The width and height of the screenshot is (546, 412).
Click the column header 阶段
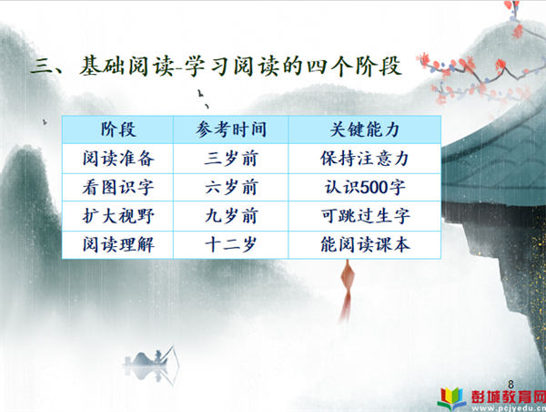click(118, 129)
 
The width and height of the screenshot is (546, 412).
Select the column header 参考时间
click(231, 129)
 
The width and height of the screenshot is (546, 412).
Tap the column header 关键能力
click(365, 129)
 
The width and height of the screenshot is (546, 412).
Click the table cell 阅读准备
click(118, 159)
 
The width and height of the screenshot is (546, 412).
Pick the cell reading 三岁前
click(231, 159)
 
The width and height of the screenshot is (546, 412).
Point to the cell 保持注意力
click(365, 159)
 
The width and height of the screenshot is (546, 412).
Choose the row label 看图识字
click(118, 188)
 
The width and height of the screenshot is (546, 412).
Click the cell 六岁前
click(231, 188)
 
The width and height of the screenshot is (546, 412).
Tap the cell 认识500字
click(365, 188)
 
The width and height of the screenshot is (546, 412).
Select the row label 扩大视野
click(118, 216)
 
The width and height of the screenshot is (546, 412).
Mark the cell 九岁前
click(231, 216)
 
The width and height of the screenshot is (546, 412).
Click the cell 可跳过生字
click(365, 216)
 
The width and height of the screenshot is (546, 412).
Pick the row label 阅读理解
click(118, 244)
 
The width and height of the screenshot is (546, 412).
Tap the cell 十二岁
click(231, 244)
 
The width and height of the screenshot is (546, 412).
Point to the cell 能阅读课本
click(365, 244)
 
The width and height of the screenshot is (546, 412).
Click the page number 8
click(511, 385)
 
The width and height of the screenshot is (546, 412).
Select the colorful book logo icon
click(452, 398)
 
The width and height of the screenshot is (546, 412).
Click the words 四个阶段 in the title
click(354, 67)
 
